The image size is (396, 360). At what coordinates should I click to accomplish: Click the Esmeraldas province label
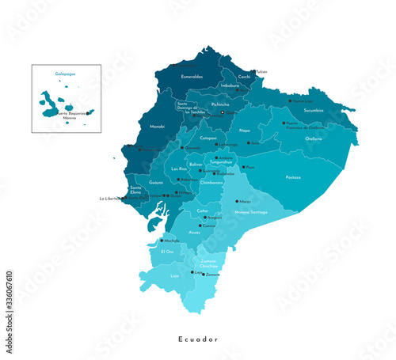192,77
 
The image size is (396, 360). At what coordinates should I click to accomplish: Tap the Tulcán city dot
253,71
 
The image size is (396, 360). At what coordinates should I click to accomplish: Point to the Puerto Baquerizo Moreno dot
87,113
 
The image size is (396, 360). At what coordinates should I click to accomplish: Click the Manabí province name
157,127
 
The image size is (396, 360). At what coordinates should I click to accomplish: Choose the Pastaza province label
293,177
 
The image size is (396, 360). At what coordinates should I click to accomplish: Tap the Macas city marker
236,201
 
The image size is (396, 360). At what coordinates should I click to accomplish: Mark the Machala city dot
161,241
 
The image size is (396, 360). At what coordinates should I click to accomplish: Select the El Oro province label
167,251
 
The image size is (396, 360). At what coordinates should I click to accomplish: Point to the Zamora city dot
204,274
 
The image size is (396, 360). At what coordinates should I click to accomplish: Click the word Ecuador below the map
198,339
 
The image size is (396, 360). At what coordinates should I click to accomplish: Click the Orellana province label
314,138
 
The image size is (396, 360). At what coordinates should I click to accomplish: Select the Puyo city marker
244,167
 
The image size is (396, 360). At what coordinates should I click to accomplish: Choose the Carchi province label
244,77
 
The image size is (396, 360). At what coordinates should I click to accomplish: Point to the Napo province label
245,130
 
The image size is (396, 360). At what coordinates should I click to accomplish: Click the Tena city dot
247,143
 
